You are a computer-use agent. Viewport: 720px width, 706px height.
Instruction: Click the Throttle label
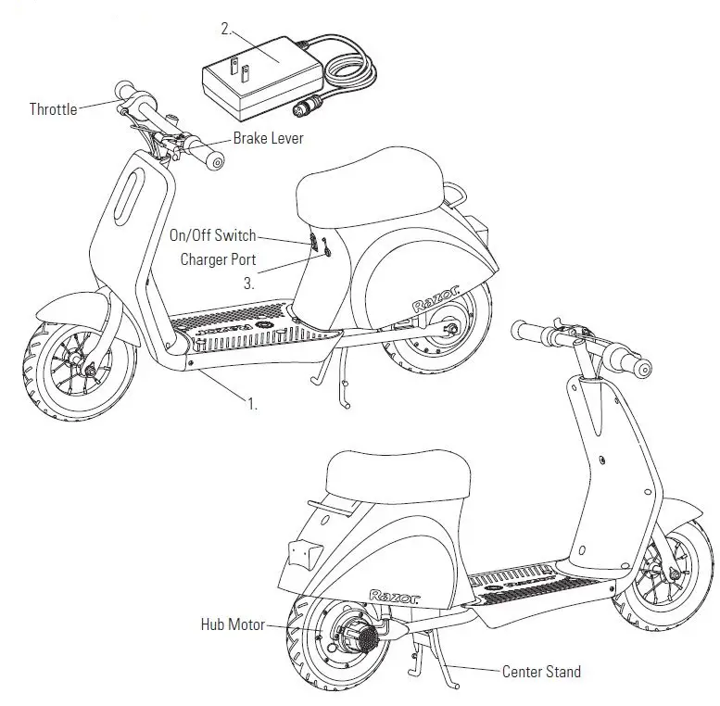(53, 109)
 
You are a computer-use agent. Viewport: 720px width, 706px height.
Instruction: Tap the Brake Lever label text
(268, 138)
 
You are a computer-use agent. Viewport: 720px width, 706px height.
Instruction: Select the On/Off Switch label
(212, 236)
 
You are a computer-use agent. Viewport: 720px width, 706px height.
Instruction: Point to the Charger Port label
(218, 259)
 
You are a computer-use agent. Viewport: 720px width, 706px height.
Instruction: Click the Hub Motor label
(232, 624)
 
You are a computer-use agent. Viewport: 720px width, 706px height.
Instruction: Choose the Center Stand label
(542, 671)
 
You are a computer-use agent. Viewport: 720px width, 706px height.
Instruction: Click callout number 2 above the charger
(225, 29)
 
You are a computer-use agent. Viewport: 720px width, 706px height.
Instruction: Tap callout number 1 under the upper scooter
(251, 404)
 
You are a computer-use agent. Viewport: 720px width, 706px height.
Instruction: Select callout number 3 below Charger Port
(249, 284)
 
